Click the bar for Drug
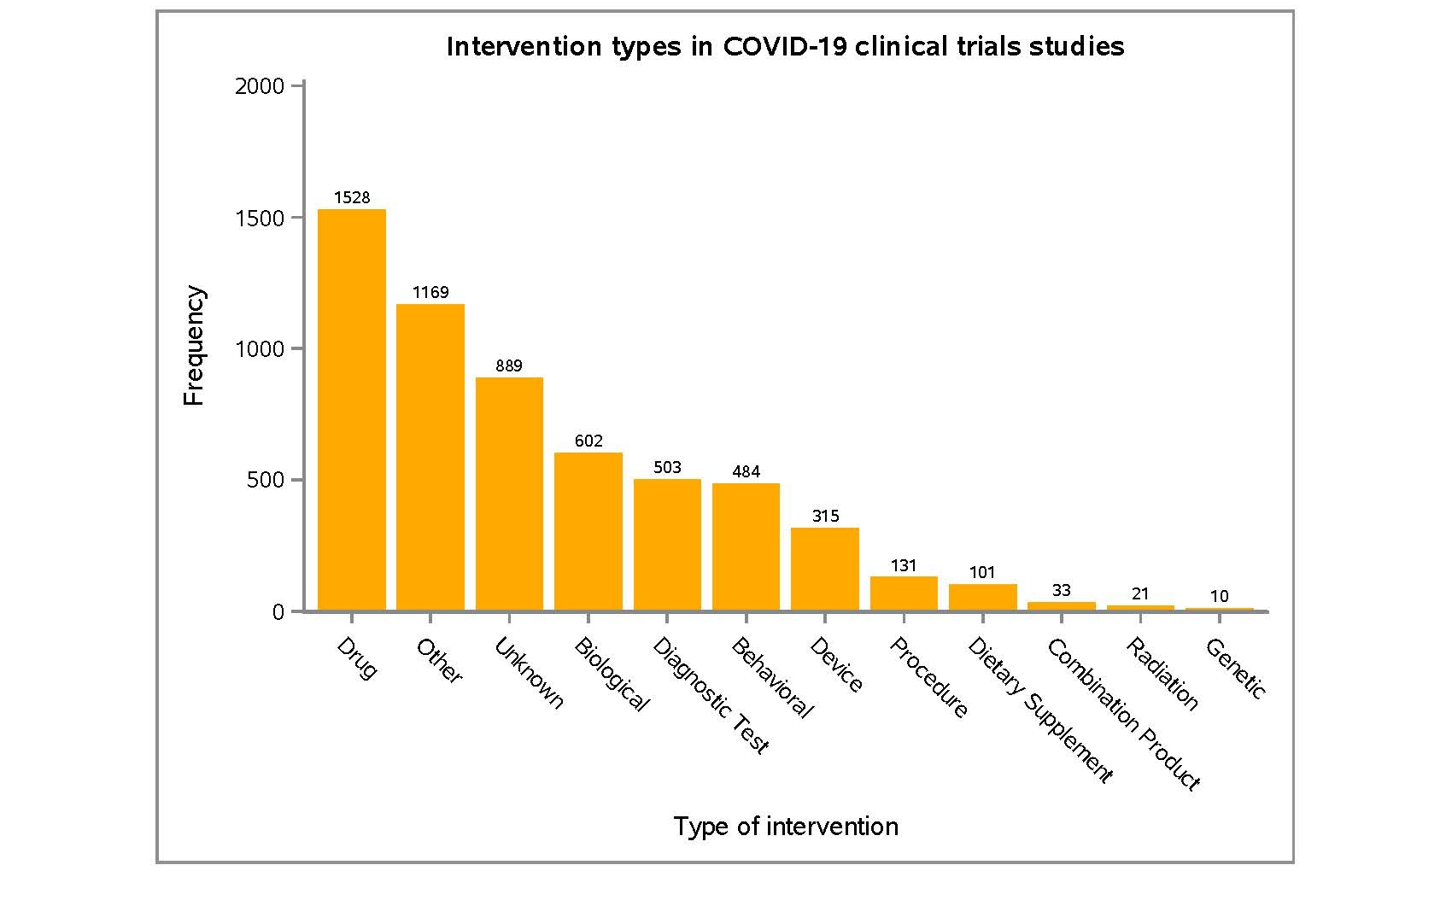[352, 410]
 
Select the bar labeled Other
[430, 457]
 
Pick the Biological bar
[588, 531]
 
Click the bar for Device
[825, 569]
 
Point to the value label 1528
[352, 198]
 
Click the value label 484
[746, 471]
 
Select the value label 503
[667, 467]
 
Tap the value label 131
[904, 565]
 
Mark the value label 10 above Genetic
[1220, 596]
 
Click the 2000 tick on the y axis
[260, 86]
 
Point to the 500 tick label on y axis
[266, 480]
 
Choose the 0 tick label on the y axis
[278, 612]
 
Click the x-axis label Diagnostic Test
[711, 695]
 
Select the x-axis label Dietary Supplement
[1039, 710]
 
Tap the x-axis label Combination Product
[1123, 714]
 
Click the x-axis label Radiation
[1162, 674]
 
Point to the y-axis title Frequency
[195, 346]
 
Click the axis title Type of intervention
[786, 827]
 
